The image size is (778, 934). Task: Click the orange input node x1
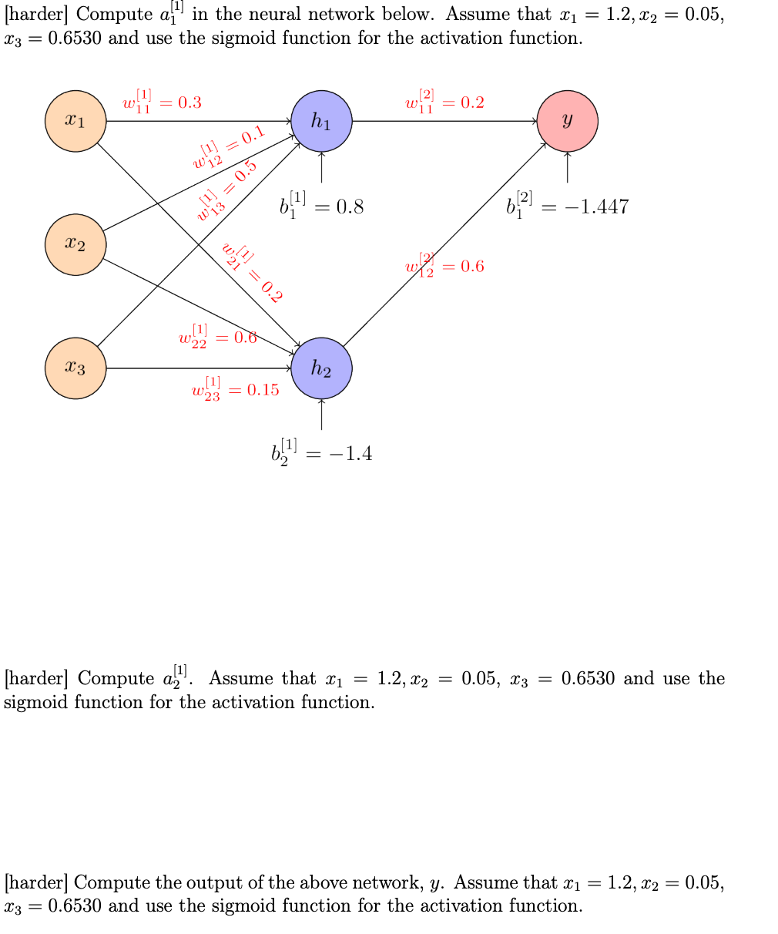(x=75, y=121)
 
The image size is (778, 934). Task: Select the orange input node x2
(x=75, y=245)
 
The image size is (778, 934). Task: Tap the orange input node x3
(x=75, y=368)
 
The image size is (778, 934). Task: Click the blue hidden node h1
(x=321, y=121)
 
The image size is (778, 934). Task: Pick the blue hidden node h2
(x=321, y=368)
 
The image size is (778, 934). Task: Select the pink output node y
(x=567, y=121)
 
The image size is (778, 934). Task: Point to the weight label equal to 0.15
(x=235, y=388)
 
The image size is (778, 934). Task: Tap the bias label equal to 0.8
(x=321, y=206)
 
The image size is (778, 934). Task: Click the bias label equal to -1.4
(x=321, y=452)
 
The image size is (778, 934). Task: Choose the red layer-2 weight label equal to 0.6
(x=444, y=265)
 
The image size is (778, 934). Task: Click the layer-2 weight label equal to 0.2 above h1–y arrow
(x=444, y=102)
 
